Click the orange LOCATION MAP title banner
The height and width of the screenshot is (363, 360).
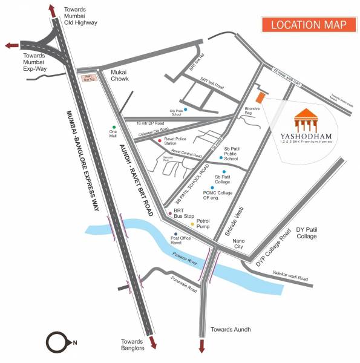[x=307, y=25]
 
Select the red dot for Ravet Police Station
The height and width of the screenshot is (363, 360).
[x=160, y=140]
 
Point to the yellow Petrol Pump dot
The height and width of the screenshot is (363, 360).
[x=192, y=224]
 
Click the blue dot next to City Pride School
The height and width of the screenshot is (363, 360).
[x=186, y=110]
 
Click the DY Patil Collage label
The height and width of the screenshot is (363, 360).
[x=306, y=234]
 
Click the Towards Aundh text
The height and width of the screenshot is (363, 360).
[x=230, y=330]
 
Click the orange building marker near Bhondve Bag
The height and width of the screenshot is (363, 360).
[x=260, y=97]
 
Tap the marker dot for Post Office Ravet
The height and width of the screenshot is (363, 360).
[x=175, y=234]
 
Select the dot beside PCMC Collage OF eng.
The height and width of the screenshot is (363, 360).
[x=212, y=188]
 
